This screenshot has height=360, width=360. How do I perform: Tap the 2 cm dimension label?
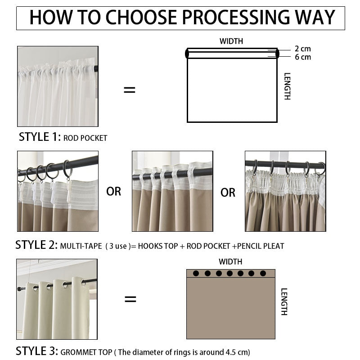click(302, 49)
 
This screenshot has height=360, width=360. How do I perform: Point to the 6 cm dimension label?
click(303, 57)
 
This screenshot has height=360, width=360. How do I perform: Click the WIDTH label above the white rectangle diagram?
click(231, 41)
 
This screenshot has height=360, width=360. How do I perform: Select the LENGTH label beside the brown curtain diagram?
click(284, 301)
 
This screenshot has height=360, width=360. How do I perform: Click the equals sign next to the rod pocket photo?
click(130, 90)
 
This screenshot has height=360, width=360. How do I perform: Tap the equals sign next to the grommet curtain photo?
click(130, 299)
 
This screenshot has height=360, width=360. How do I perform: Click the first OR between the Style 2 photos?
click(114, 192)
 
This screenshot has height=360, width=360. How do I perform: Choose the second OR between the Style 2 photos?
click(228, 193)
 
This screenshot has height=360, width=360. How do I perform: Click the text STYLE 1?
click(40, 137)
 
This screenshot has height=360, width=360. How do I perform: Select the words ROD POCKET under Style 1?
click(85, 138)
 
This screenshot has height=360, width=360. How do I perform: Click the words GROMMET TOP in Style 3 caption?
click(86, 352)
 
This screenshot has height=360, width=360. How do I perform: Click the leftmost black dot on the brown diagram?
click(196, 273)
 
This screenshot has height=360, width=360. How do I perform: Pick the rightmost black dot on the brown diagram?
click(263, 273)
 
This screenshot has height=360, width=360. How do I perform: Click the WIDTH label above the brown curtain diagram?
click(230, 262)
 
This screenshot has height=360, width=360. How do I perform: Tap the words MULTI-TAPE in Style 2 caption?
click(81, 246)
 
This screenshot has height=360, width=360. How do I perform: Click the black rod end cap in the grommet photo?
click(19, 289)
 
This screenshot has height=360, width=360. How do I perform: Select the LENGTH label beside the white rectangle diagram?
click(287, 86)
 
